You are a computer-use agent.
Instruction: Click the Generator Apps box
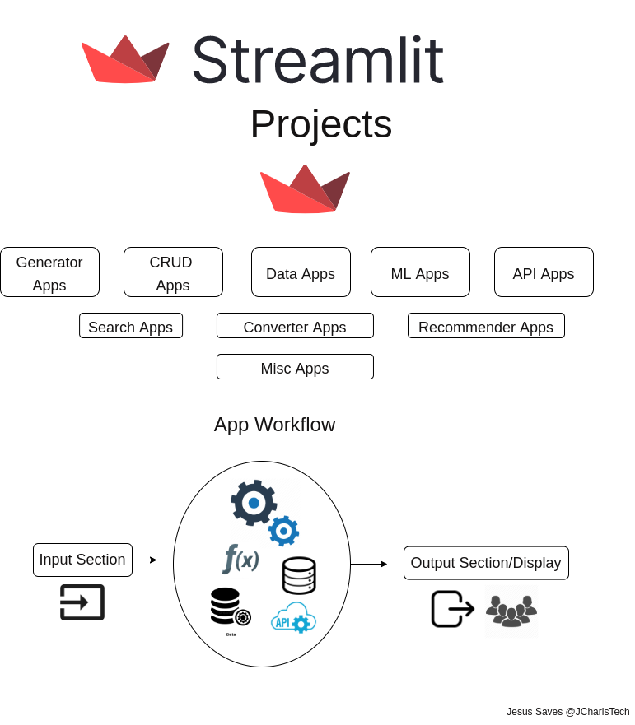coord(49,272)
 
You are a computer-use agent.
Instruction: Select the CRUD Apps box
coord(173,272)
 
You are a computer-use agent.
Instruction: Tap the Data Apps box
coord(301,272)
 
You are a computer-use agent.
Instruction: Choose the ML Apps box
coord(420,272)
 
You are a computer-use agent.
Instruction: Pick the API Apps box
coord(544,272)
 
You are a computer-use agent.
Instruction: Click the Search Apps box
coord(131,326)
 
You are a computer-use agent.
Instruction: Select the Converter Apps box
coord(295,326)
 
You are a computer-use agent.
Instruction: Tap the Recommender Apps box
coord(486,326)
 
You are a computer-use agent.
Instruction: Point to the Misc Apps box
coord(295,367)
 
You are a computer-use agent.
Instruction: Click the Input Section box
coord(82,560)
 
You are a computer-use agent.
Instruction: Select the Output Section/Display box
coord(486,563)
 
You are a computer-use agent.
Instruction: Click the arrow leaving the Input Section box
coord(144,560)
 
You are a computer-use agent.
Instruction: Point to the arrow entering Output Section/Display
coord(369,565)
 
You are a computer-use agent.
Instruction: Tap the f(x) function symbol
coord(240,559)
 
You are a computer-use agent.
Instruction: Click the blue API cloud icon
coord(293,618)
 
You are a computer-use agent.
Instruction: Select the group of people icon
coord(511,612)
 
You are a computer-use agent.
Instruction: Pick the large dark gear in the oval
coord(253,503)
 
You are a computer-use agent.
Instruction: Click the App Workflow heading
coord(274,425)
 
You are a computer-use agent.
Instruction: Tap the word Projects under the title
coord(321,124)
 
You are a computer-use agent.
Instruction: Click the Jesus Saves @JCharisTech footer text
coord(567,712)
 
